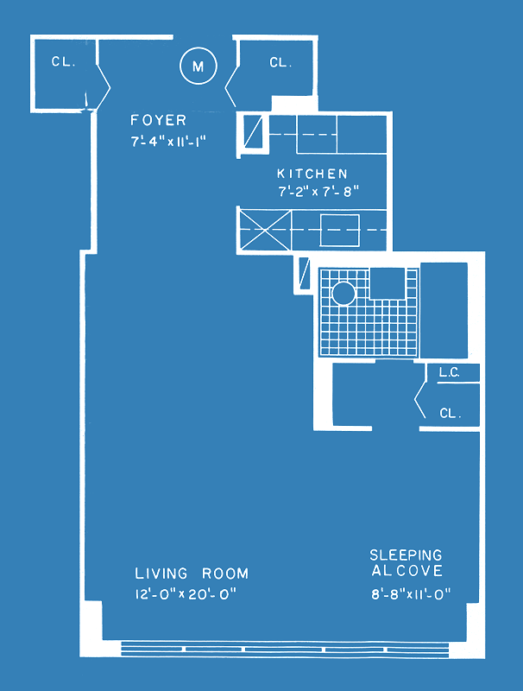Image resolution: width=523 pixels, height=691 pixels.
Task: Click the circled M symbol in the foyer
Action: [x=198, y=66]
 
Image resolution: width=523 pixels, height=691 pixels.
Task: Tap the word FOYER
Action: [x=159, y=120]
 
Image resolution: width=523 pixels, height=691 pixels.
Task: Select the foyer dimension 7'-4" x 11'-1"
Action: [x=168, y=142]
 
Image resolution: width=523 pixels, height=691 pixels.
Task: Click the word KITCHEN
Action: [x=312, y=174]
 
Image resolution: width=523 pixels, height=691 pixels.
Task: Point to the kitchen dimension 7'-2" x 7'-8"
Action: [x=318, y=192]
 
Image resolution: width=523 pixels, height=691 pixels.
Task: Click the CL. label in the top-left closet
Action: [x=63, y=61]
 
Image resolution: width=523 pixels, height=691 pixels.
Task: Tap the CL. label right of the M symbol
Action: [x=280, y=62]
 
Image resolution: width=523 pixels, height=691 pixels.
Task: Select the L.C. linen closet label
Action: [x=450, y=373]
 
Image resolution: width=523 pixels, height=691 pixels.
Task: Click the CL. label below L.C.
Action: [x=451, y=414]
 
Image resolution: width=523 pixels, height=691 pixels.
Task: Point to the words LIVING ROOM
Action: [x=192, y=574]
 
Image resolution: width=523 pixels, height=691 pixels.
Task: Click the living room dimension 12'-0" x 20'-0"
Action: [x=186, y=594]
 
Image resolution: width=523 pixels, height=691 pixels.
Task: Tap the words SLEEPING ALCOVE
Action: [x=406, y=563]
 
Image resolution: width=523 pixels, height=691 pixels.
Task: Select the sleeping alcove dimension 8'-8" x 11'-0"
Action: [x=411, y=594]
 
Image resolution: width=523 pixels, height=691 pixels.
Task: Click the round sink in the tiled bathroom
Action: [x=343, y=294]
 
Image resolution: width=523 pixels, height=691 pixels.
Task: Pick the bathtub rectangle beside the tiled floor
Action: [x=444, y=310]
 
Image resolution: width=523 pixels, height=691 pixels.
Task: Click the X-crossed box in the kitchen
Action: [x=265, y=230]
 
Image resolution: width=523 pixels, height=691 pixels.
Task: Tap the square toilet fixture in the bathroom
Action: [x=387, y=283]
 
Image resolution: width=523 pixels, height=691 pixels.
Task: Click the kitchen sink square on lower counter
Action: [x=339, y=230]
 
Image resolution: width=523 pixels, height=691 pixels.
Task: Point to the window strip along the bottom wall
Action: [x=285, y=650]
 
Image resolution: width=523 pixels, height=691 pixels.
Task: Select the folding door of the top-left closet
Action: [x=103, y=87]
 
